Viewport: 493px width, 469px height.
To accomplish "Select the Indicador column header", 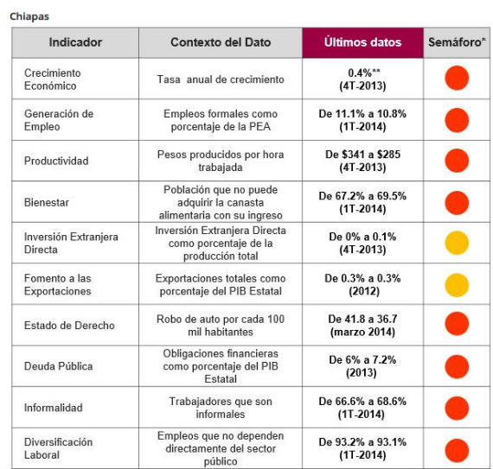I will pos(75,42).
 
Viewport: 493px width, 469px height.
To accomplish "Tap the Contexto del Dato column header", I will pos(220,42).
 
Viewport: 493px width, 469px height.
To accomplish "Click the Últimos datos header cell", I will pos(362,42).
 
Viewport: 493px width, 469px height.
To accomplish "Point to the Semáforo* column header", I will pos(456,42).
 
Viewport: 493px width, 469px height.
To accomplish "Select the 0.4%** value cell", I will pos(362,79).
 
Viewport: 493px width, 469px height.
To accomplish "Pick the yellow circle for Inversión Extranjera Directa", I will pos(456,244).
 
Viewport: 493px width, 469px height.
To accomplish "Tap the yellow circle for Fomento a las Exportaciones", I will pos(456,285).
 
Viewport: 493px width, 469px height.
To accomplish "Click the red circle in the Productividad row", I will pos(456,161).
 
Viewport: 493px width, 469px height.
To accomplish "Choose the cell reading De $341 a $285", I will pos(362,161).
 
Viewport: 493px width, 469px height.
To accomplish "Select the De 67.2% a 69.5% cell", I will pos(362,202).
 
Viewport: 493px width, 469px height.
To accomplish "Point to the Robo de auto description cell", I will pos(220,326).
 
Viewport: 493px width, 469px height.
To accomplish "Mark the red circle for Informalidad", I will pos(456,409).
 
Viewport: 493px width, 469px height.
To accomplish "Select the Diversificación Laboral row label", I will pos(59,449).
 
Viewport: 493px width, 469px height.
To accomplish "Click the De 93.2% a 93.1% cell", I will pos(362,449).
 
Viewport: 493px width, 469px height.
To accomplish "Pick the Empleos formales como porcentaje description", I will pos(220,120).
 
